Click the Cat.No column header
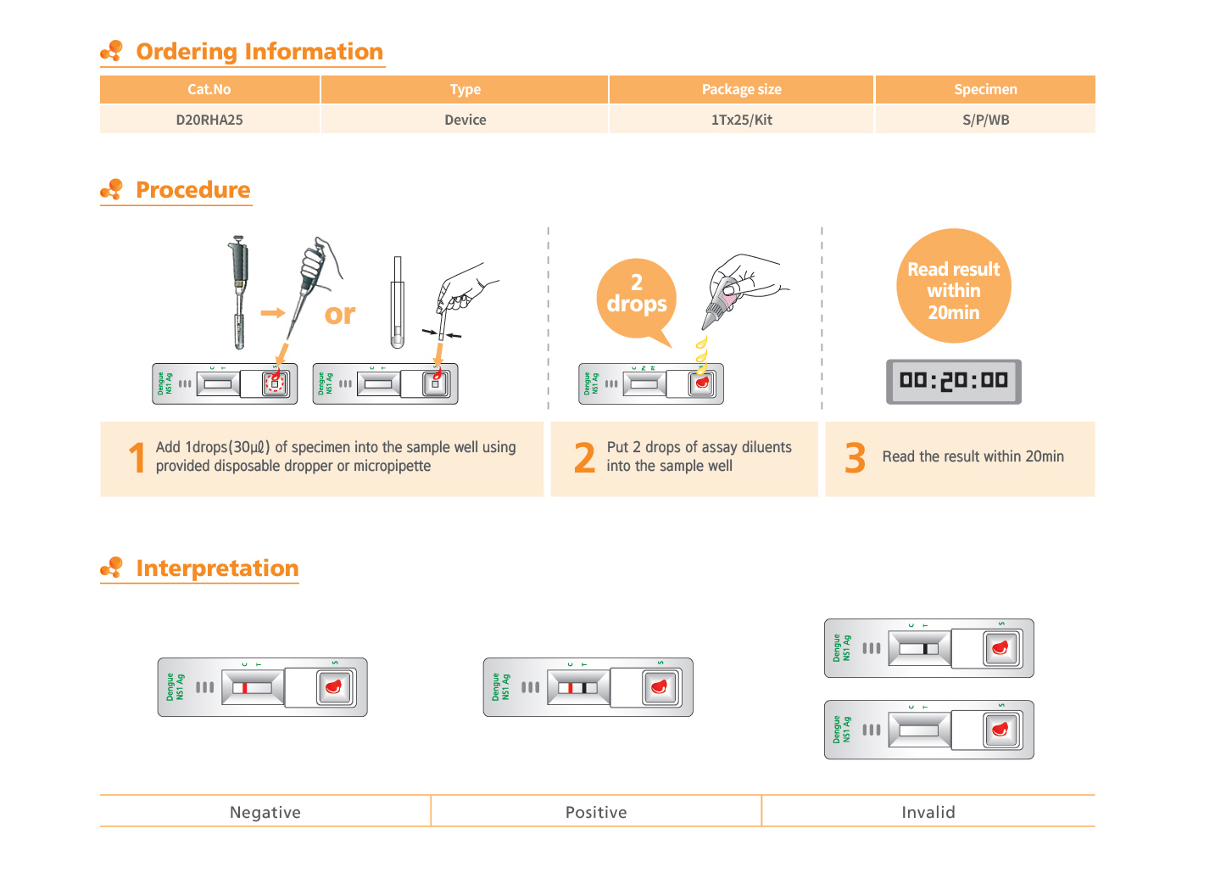209,89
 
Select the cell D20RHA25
209,120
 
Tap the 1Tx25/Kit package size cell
741,120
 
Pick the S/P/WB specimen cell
985,120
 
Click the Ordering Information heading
259,52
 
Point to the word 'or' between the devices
340,315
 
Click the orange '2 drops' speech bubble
636,294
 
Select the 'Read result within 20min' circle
953,287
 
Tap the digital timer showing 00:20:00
953,381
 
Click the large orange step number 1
137,458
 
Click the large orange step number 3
855,458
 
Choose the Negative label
265,812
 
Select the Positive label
596,812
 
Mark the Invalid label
928,812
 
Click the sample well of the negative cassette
334,687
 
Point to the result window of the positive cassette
578,687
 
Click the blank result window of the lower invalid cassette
919,730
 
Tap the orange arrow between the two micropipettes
272,313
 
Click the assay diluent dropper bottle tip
707,325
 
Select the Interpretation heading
217,568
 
